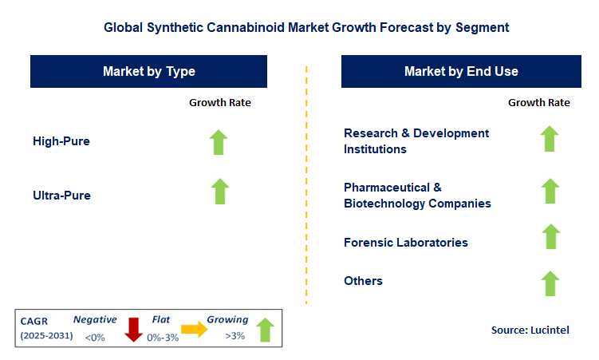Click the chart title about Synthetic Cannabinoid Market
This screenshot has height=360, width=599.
click(x=306, y=27)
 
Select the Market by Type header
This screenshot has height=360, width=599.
click(x=149, y=72)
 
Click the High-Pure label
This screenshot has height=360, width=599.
click(x=61, y=141)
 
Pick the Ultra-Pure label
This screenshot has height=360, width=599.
click(x=61, y=195)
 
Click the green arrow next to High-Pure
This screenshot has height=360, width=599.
click(x=219, y=141)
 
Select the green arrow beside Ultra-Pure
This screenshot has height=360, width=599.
click(x=219, y=192)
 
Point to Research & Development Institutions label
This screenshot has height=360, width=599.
click(x=416, y=140)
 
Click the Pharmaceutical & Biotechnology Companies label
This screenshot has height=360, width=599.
click(x=417, y=195)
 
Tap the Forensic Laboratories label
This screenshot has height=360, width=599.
click(x=406, y=242)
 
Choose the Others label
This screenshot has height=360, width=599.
click(x=363, y=280)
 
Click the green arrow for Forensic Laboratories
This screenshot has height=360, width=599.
click(x=550, y=237)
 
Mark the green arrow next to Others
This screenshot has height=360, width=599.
click(x=550, y=283)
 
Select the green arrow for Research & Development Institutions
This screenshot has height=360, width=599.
click(x=550, y=138)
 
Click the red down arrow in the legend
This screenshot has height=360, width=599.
click(x=133, y=328)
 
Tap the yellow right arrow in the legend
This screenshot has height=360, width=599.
click(x=193, y=328)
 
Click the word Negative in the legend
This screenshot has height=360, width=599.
click(x=95, y=319)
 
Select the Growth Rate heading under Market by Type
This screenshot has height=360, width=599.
click(x=219, y=102)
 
